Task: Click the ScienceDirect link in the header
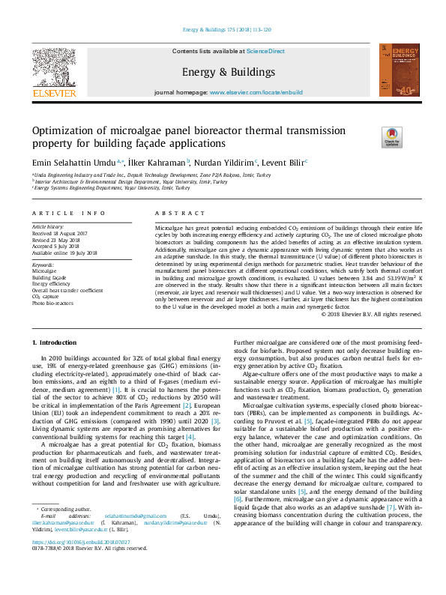pyautogui.click(x=267, y=51)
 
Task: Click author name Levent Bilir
pyautogui.click(x=285, y=162)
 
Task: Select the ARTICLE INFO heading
pyautogui.click(x=68, y=213)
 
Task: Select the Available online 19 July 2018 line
pyautogui.click(x=65, y=253)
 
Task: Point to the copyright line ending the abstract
pyautogui.click(x=371, y=314)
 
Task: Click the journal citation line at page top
pyautogui.click(x=226, y=31)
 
